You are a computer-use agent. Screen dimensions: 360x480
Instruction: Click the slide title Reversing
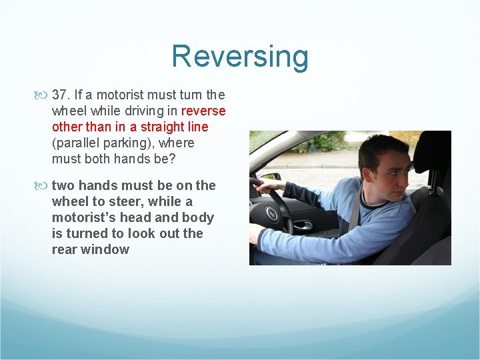(x=240, y=56)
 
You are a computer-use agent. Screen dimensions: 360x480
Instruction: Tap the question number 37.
(x=62, y=95)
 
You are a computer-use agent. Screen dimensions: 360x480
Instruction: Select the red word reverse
(x=203, y=111)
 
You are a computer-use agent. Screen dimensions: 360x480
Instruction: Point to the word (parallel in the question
(x=75, y=143)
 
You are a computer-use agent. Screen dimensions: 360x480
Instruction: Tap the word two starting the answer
(x=63, y=185)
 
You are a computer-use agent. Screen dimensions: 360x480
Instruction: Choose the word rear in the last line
(x=65, y=249)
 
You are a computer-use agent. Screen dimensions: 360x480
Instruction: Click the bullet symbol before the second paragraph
(x=45, y=185)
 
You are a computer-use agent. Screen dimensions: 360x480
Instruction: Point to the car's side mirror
(x=270, y=177)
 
